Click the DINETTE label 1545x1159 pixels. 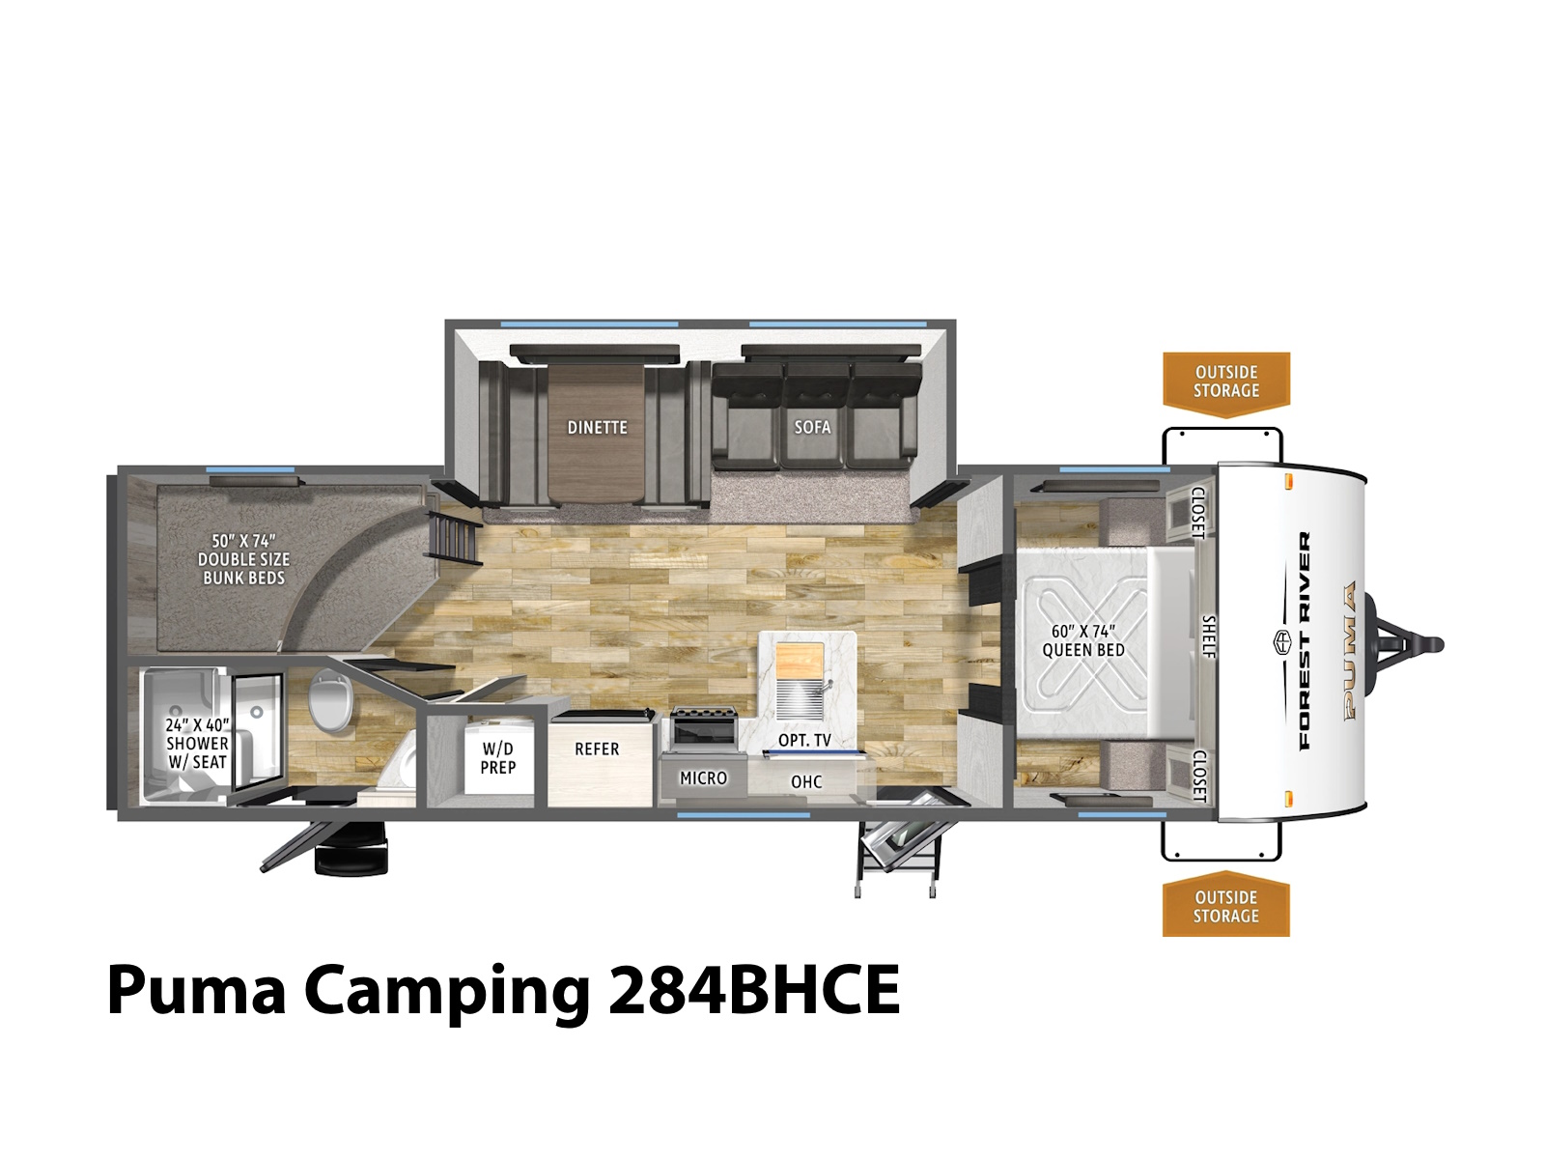point(597,427)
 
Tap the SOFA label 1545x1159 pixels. point(812,427)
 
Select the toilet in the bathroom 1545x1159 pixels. point(329,698)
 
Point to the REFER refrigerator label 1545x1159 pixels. point(597,749)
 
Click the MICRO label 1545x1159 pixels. point(703,778)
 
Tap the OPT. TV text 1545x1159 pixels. point(804,740)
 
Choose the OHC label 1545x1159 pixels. point(806,781)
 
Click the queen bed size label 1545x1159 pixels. point(1083,640)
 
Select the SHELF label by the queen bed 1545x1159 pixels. point(1208,636)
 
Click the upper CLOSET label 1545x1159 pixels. point(1198,513)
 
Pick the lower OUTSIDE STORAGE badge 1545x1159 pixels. point(1225,906)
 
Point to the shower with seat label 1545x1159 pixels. point(197,743)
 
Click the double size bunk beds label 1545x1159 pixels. point(243,559)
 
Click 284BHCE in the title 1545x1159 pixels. point(754,989)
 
